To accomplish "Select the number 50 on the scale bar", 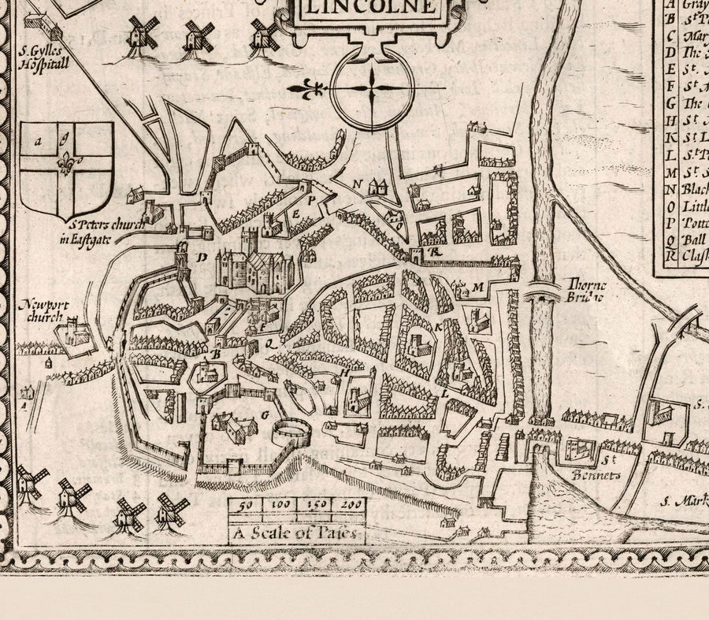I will (245, 506).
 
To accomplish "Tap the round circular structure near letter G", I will (289, 432).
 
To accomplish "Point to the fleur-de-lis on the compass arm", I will (309, 88).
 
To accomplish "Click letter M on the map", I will (477, 288).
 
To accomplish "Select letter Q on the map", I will (268, 343).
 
